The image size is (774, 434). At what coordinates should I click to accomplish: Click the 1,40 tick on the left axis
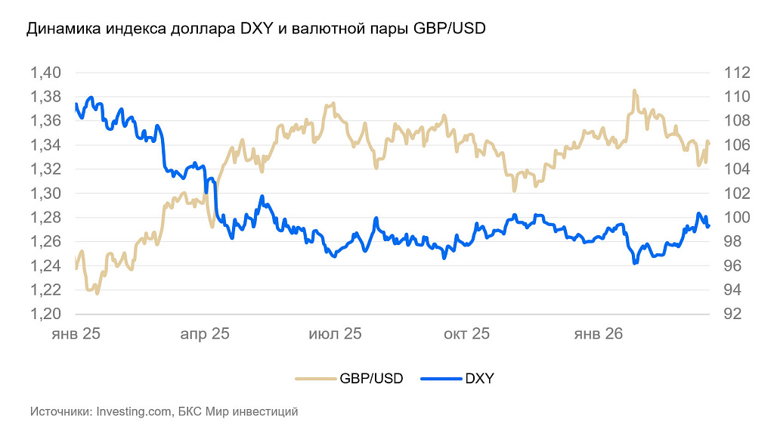(x=45, y=73)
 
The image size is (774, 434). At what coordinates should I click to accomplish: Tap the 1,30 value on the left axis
(x=45, y=194)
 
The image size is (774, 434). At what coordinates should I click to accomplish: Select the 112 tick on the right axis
(x=735, y=73)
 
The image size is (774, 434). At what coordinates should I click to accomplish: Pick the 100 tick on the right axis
(x=735, y=218)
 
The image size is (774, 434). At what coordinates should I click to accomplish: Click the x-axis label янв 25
(x=76, y=333)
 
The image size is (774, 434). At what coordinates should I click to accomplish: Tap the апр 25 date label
(x=204, y=333)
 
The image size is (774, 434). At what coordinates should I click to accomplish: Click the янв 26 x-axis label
(x=599, y=333)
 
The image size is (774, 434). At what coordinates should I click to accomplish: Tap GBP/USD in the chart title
(x=450, y=29)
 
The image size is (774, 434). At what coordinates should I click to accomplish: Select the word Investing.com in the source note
(x=133, y=412)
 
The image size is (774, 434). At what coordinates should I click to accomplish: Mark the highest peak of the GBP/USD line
(x=634, y=91)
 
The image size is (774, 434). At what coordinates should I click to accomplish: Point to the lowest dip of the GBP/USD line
(x=97, y=293)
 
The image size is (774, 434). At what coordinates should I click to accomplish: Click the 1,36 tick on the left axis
(x=45, y=121)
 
